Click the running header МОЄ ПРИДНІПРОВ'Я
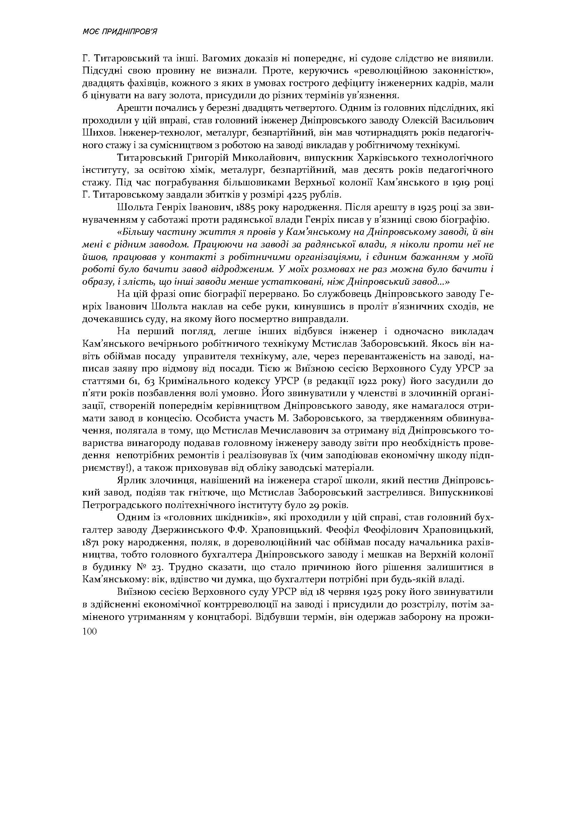119,32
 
